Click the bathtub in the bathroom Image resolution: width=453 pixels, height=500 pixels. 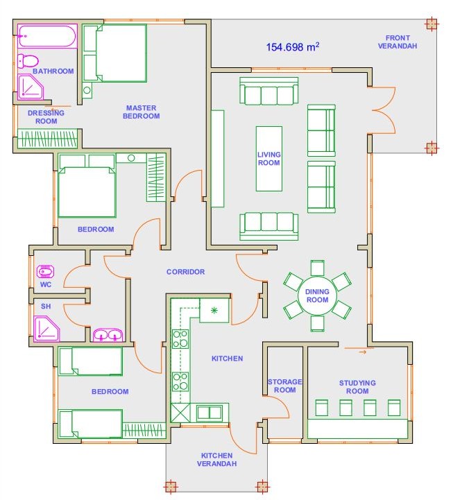(x=47, y=36)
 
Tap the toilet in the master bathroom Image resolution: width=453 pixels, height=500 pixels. (x=28, y=60)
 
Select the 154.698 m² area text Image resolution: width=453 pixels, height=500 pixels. (x=293, y=47)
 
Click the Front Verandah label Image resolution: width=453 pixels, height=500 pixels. (x=398, y=42)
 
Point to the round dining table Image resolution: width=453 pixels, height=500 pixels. (x=317, y=295)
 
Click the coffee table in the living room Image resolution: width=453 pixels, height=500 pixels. (x=269, y=159)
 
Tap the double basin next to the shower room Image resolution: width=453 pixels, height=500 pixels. (x=108, y=335)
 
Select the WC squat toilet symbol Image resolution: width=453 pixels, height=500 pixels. (x=45, y=272)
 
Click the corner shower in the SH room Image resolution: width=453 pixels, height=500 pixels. (x=46, y=329)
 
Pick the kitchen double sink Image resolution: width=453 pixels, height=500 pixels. (x=210, y=413)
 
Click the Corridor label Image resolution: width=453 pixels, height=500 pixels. (x=185, y=272)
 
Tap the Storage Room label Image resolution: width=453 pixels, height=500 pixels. (x=284, y=386)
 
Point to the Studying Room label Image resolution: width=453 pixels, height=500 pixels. (x=357, y=387)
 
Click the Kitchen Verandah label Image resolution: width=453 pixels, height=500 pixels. (x=216, y=460)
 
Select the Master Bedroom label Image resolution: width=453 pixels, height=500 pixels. (x=142, y=112)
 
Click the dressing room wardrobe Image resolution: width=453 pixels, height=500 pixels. (x=47, y=139)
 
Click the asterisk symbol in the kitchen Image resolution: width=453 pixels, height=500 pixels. (x=214, y=309)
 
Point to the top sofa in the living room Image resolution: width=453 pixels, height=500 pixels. (x=269, y=91)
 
